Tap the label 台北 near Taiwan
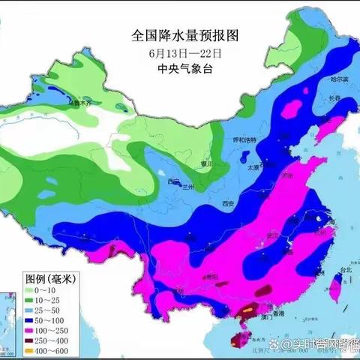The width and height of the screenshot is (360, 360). click(x=344, y=270)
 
